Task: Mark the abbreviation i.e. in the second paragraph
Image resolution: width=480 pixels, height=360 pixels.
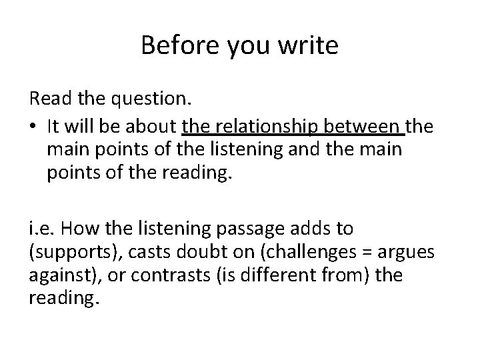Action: pyautogui.click(x=40, y=229)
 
